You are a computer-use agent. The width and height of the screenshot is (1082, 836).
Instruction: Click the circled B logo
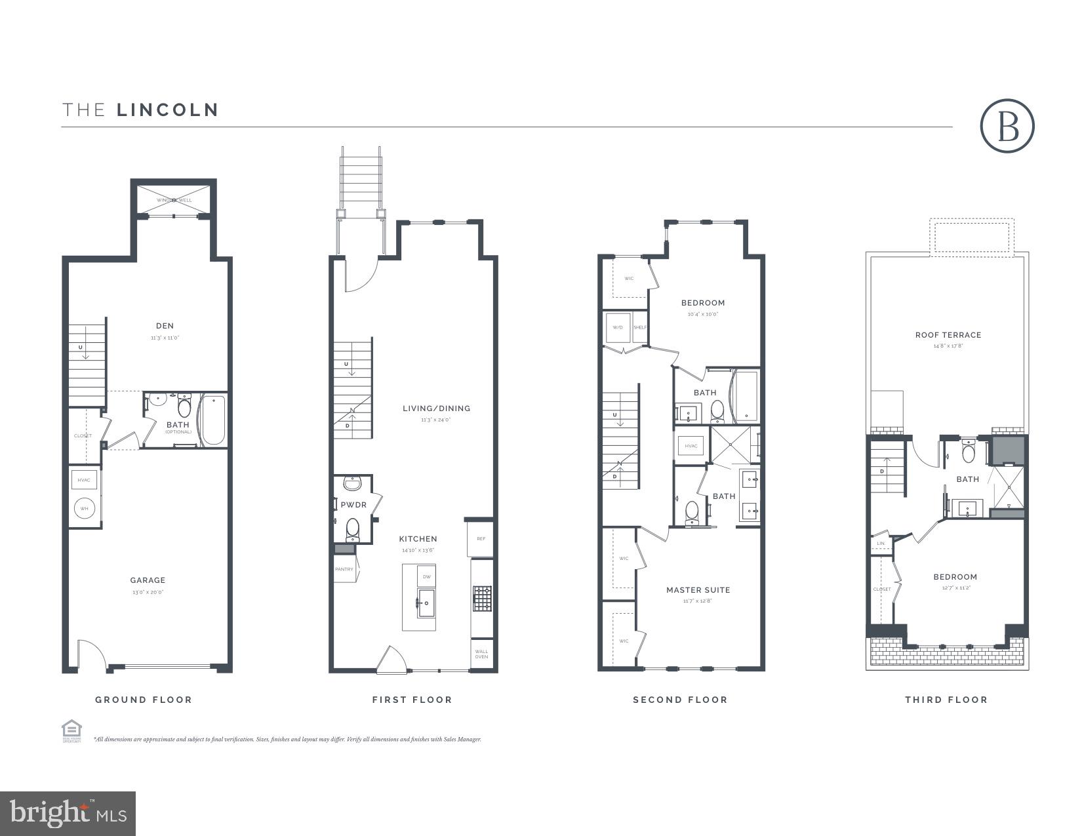click(1007, 127)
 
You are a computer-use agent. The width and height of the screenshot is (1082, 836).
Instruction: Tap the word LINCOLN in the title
click(168, 109)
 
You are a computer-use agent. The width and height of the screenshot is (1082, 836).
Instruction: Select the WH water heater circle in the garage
click(85, 509)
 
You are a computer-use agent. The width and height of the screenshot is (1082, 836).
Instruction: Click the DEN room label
click(165, 326)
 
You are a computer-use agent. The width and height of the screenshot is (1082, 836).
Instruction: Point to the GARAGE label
click(148, 580)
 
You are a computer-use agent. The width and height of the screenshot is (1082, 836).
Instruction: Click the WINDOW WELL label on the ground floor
click(174, 200)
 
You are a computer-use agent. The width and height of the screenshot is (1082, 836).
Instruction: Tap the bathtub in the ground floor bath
click(213, 420)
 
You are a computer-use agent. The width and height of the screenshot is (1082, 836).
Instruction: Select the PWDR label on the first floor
click(353, 505)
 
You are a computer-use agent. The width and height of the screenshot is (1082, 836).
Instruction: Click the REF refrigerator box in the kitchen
click(481, 539)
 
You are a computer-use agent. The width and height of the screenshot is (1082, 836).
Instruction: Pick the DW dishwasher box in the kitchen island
click(426, 576)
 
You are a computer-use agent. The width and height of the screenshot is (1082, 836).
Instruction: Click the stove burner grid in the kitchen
click(482, 599)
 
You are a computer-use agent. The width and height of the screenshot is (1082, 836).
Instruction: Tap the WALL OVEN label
click(481, 653)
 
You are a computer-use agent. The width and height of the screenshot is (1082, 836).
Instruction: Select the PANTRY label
click(344, 569)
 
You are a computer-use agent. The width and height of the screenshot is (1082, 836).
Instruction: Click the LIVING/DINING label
click(436, 408)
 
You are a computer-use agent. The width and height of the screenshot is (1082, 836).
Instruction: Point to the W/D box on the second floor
click(617, 327)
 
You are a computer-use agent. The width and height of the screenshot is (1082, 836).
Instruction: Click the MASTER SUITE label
click(698, 590)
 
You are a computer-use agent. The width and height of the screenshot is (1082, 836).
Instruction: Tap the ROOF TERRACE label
click(948, 335)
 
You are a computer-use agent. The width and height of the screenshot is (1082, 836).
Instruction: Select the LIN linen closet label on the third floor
click(881, 544)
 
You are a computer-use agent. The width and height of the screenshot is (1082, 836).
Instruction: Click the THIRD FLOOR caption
click(946, 700)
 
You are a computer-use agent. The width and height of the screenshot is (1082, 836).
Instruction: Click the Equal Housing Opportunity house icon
click(71, 729)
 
